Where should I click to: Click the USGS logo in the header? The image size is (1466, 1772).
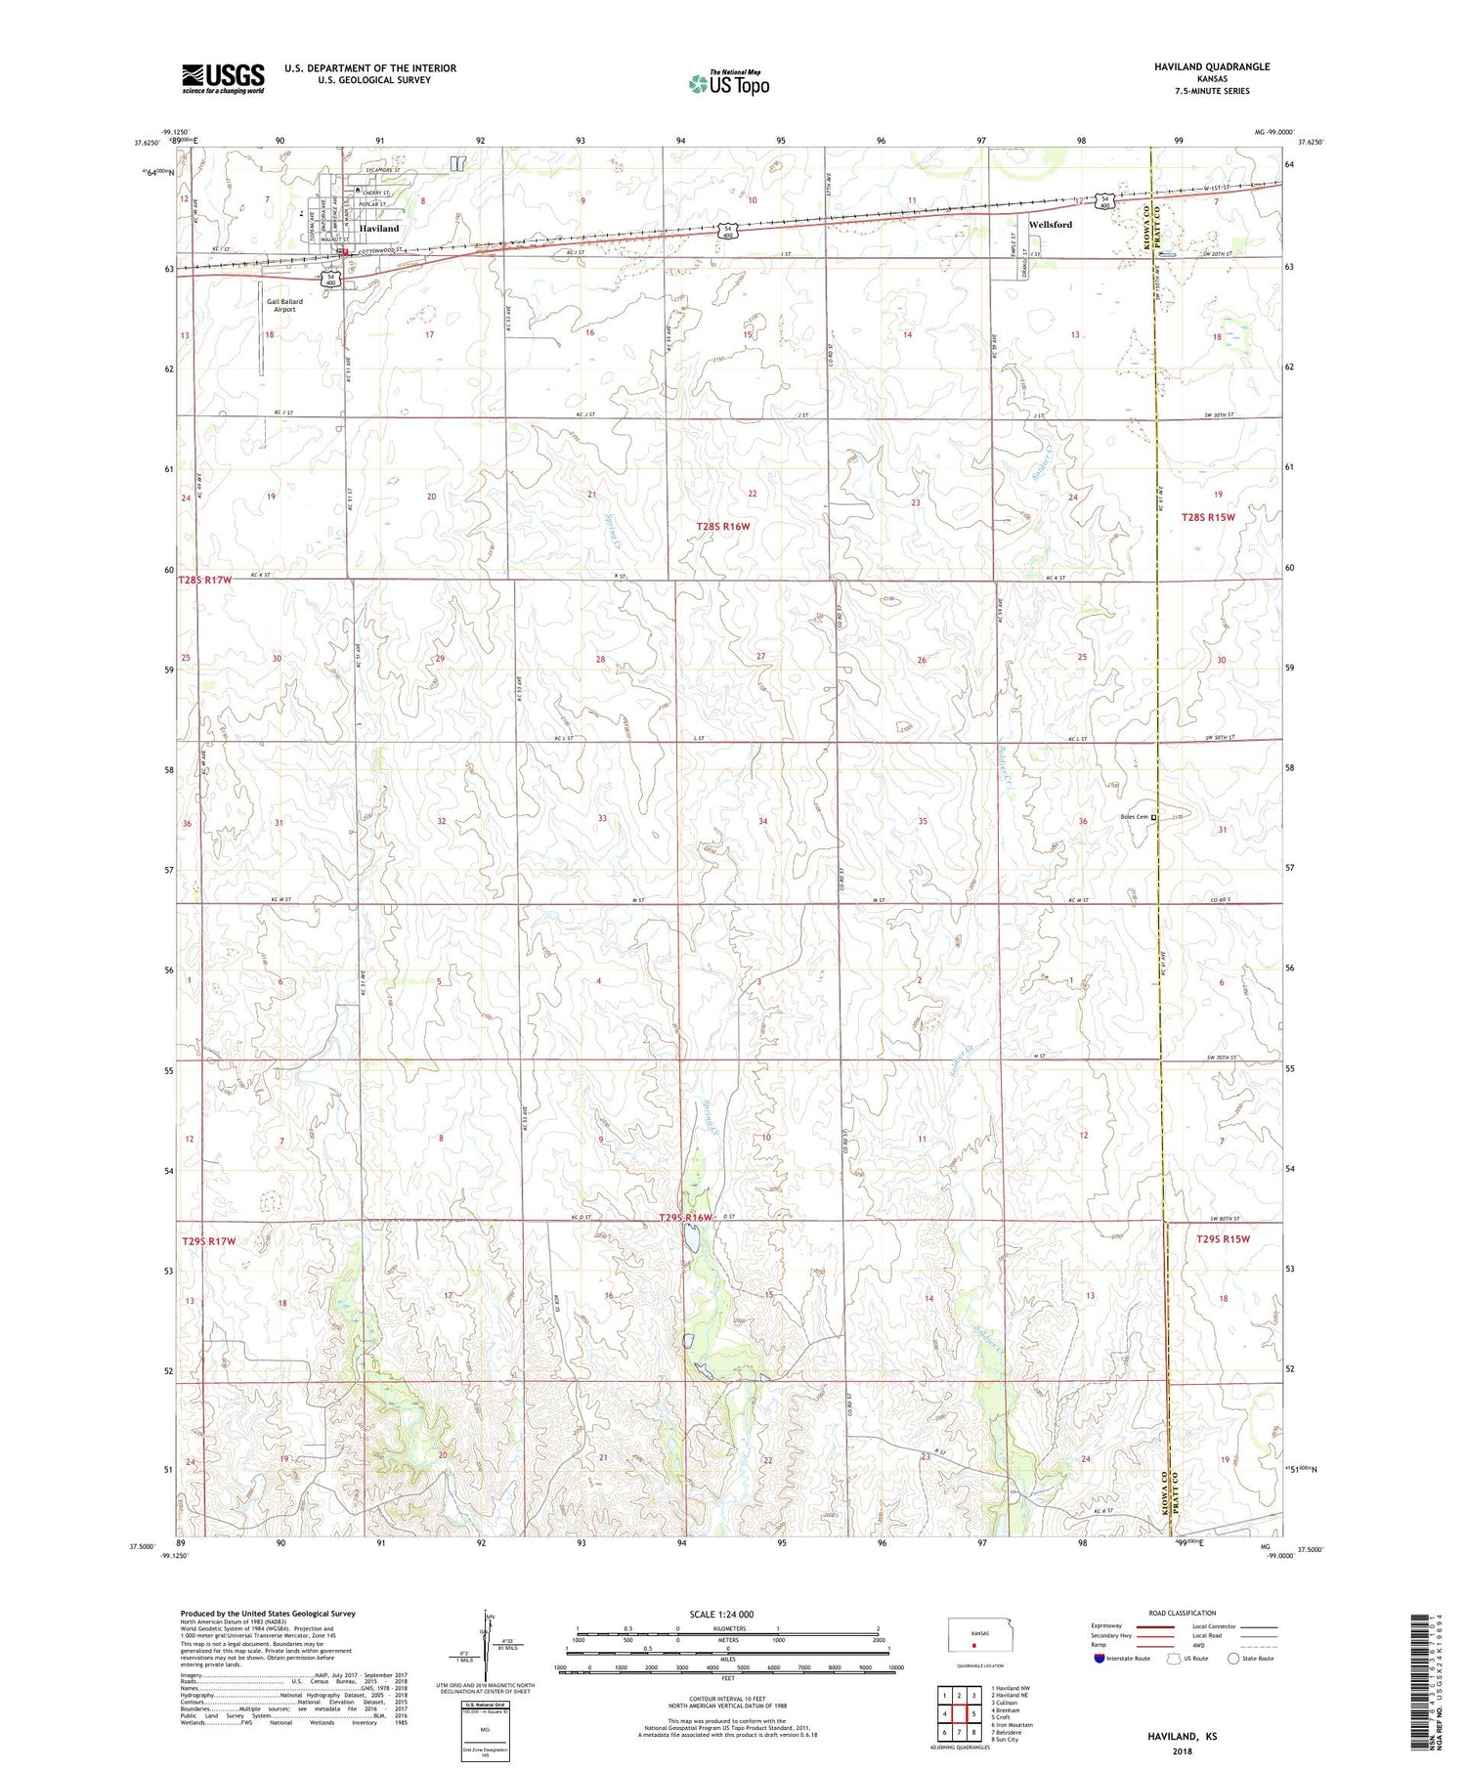(x=223, y=78)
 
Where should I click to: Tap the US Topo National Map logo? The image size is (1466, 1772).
(x=728, y=83)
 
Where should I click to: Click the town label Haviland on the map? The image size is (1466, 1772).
(x=379, y=228)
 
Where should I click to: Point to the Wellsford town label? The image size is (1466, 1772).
(x=1050, y=225)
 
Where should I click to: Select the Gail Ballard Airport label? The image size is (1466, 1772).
(x=284, y=305)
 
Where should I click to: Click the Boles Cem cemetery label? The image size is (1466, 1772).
(x=1134, y=817)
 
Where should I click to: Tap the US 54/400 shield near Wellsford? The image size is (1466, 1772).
(x=1104, y=202)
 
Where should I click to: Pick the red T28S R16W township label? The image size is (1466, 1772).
(x=722, y=527)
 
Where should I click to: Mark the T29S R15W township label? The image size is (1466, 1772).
(x=1223, y=1239)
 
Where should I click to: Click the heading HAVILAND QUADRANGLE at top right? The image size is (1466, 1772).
(x=1197, y=66)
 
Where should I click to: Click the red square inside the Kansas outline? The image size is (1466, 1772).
(x=972, y=1644)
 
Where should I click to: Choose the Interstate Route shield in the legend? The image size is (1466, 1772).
(x=1099, y=1659)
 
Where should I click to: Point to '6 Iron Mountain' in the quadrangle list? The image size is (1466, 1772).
(x=1012, y=1725)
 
